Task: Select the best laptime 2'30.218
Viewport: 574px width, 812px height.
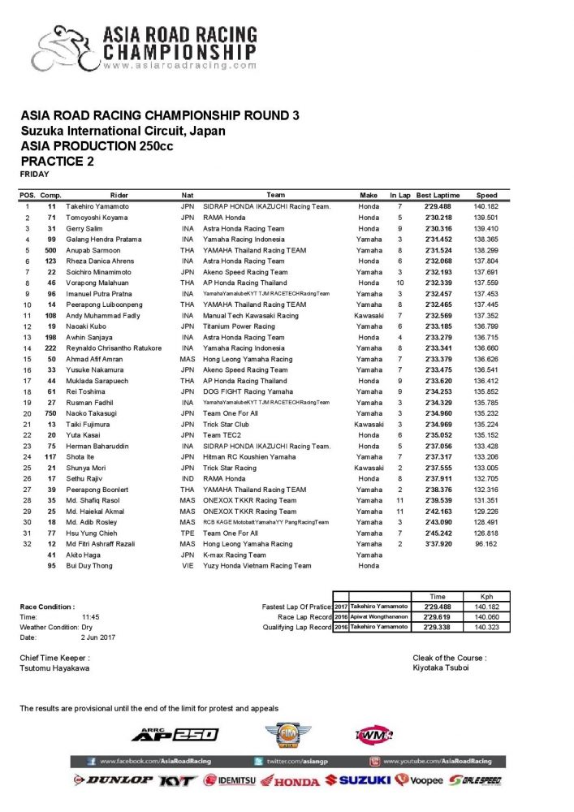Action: click(x=438, y=218)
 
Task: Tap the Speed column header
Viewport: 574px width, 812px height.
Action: click(x=487, y=196)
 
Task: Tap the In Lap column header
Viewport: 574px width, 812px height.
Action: click(x=399, y=196)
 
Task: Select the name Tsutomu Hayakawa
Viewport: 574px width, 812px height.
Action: click(x=55, y=668)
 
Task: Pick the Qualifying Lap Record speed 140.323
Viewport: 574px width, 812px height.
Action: click(x=486, y=627)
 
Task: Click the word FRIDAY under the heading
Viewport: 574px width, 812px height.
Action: click(x=34, y=174)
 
